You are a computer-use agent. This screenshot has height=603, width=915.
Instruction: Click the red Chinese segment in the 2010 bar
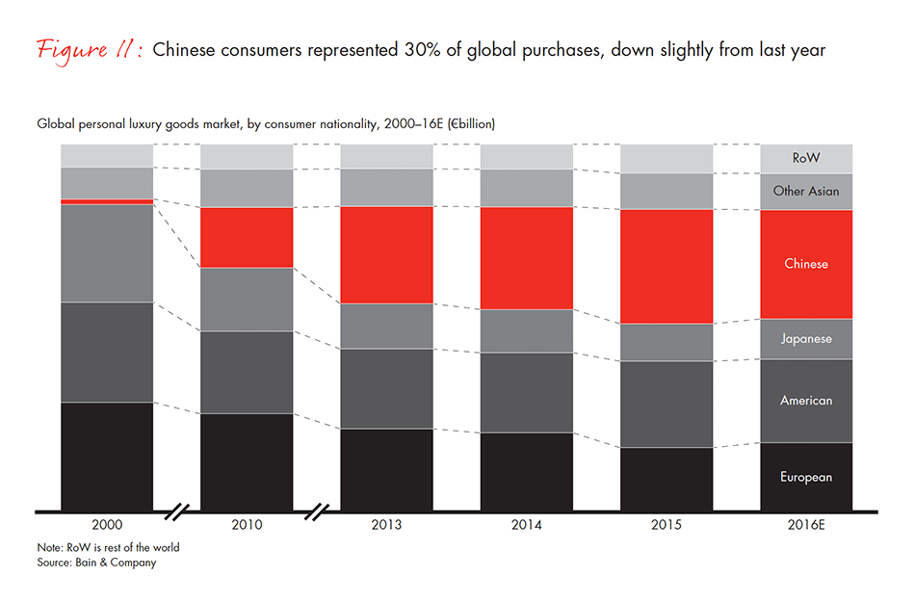tap(247, 237)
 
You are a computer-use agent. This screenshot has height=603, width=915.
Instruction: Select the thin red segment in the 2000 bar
tap(107, 201)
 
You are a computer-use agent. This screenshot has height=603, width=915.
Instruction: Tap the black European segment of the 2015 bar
tap(667, 479)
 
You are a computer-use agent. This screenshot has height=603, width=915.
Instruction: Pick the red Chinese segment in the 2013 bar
tap(386, 255)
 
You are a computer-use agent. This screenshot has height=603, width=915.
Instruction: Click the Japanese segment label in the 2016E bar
tap(806, 339)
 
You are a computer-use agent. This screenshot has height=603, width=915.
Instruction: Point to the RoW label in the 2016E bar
tap(806, 158)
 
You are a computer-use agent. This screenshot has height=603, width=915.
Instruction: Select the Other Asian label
tap(806, 192)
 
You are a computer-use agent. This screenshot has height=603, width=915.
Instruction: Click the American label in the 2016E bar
tap(806, 401)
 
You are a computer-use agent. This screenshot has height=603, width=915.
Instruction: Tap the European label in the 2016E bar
tap(806, 477)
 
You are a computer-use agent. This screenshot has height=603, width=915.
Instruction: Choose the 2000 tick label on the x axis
tap(107, 526)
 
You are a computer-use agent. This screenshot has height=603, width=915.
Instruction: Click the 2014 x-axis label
tap(527, 526)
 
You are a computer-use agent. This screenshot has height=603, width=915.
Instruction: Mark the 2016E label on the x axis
tap(806, 526)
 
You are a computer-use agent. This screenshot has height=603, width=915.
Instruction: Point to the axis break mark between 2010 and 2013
tap(317, 511)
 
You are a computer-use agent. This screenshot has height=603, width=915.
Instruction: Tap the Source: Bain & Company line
tap(96, 563)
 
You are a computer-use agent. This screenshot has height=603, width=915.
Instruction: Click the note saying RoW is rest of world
tap(108, 547)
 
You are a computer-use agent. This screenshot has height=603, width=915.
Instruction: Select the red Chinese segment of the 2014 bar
tap(527, 258)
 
